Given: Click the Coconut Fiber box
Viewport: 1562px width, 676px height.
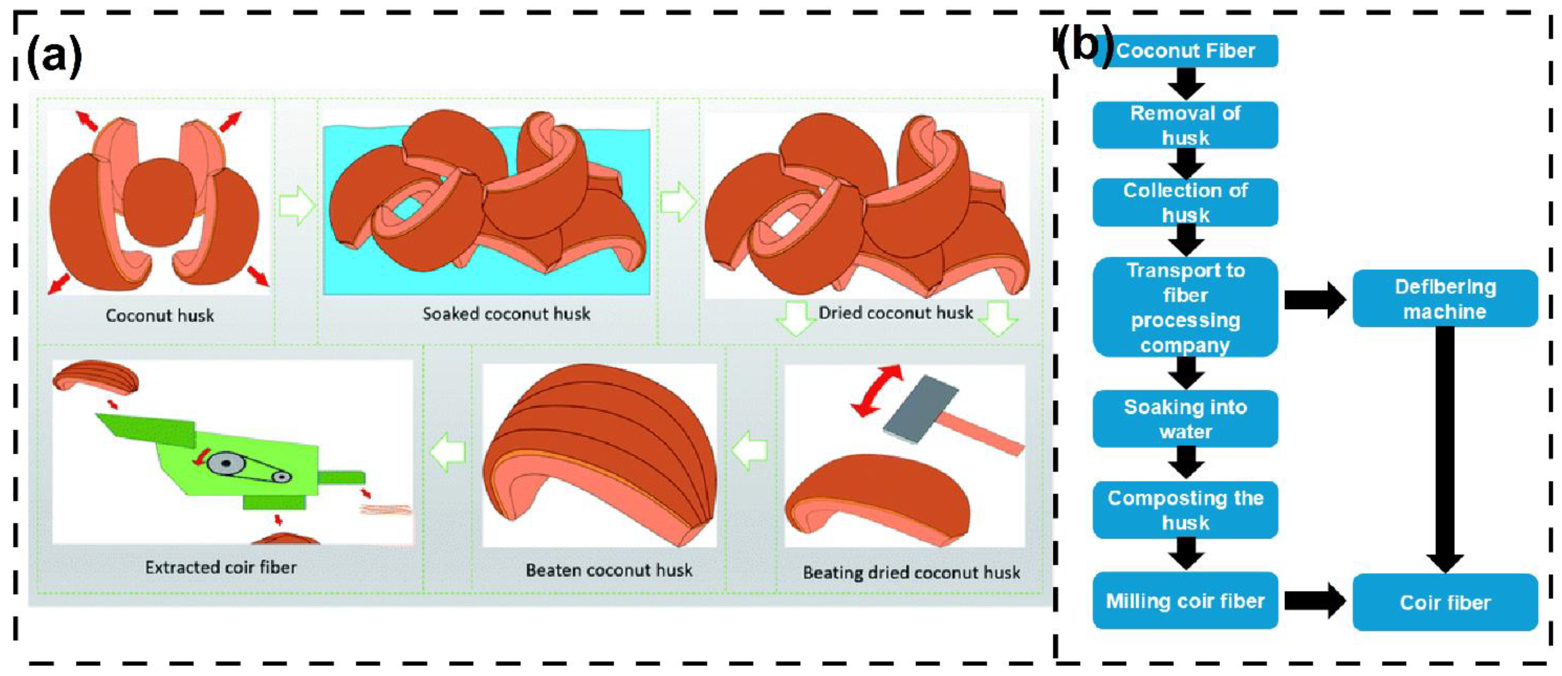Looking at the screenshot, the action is (x=1186, y=50).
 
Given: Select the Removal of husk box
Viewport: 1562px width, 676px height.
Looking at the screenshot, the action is (x=1186, y=125).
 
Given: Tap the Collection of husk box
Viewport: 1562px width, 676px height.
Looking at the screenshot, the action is (x=1186, y=203).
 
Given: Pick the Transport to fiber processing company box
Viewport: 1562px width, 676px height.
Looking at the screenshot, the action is (x=1186, y=307).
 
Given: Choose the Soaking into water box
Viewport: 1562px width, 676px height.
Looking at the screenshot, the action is (x=1186, y=419).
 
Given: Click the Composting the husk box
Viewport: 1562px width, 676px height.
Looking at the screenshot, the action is (x=1186, y=510).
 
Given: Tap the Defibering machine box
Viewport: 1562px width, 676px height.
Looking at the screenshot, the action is (x=1445, y=299).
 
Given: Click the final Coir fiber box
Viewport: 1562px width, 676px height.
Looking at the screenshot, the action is (x=1445, y=602).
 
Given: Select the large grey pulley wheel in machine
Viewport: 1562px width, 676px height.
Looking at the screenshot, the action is (x=225, y=464).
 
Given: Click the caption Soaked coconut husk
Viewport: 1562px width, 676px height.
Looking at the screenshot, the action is (x=506, y=313).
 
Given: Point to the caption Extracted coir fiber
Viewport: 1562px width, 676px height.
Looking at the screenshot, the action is (x=221, y=567).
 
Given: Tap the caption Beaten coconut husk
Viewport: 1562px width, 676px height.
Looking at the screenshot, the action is (x=609, y=570).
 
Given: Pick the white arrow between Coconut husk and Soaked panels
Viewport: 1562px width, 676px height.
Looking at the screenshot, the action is (x=297, y=206).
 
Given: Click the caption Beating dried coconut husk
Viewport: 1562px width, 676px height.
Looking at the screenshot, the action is (x=911, y=573).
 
